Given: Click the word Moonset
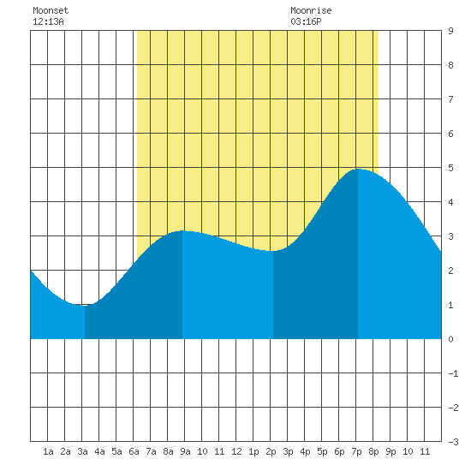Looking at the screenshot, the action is pyautogui.click(x=51, y=10).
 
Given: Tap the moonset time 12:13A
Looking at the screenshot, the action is pyautogui.click(x=48, y=21).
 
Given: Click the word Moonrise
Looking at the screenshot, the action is pyautogui.click(x=311, y=10).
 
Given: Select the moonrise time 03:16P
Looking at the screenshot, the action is pyautogui.click(x=306, y=21).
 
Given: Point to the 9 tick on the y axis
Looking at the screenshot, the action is pyautogui.click(x=450, y=31).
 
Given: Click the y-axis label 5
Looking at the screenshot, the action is pyautogui.click(x=450, y=168).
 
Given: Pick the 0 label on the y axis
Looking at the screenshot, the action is pyautogui.click(x=450, y=339).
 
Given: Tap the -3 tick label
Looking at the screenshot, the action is pyautogui.click(x=453, y=442).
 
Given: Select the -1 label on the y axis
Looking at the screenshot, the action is pyautogui.click(x=453, y=373).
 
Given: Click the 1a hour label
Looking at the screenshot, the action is pyautogui.click(x=48, y=451).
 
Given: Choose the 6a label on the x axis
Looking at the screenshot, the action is pyautogui.click(x=134, y=451).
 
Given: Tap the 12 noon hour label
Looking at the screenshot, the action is pyautogui.click(x=236, y=451).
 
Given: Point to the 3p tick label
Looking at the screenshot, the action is pyautogui.click(x=288, y=451).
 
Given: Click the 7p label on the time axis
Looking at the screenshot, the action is pyautogui.click(x=356, y=451).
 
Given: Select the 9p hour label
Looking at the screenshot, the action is pyautogui.click(x=391, y=451).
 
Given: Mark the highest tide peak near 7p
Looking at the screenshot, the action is pyautogui.click(x=358, y=169).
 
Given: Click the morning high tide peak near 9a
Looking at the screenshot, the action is pyautogui.click(x=182, y=230).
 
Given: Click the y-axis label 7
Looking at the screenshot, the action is pyautogui.click(x=450, y=99).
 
